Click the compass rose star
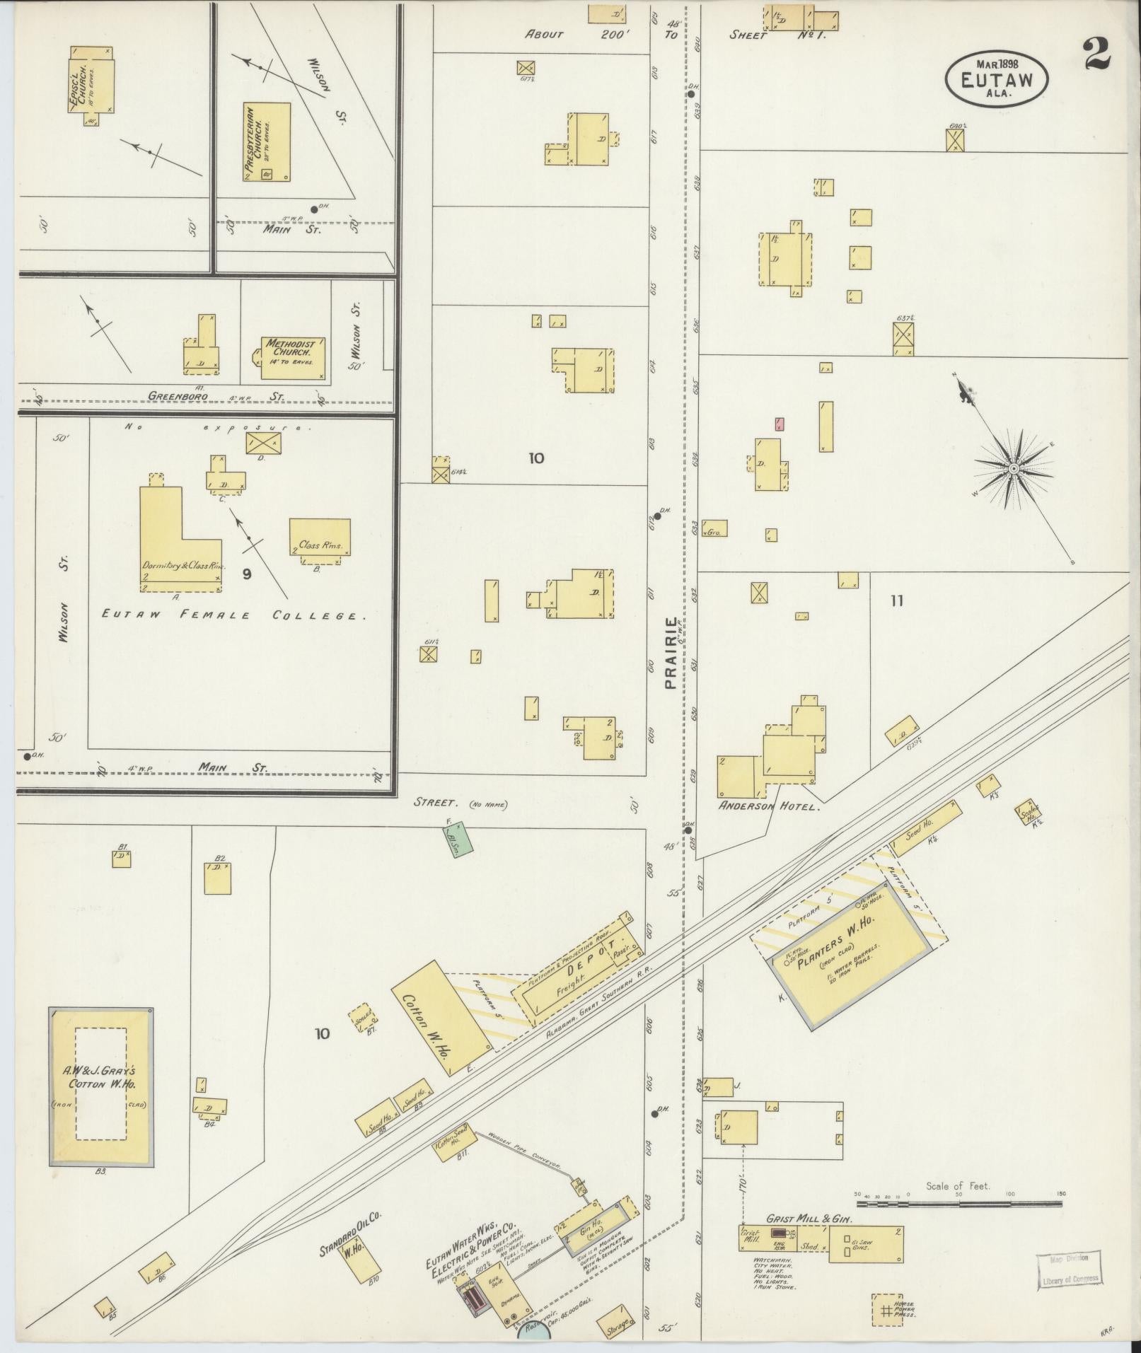point(1014,468)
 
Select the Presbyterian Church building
point(267,143)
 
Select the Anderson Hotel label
point(769,806)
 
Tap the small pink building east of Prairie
point(779,424)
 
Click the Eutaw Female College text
point(233,615)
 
